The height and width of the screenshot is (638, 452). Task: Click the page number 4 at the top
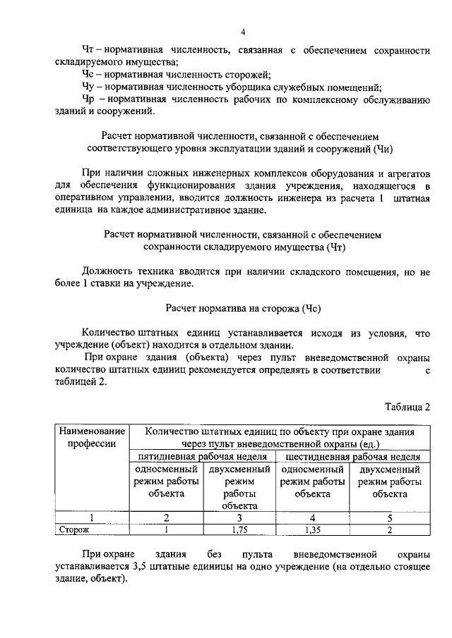(242, 32)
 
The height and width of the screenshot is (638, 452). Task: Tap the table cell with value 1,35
(313, 529)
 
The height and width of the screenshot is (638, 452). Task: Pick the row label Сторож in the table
(73, 529)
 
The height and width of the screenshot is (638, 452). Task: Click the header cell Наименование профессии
(92, 437)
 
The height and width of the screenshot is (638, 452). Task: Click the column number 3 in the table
(239, 518)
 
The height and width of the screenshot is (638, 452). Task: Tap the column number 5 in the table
(389, 518)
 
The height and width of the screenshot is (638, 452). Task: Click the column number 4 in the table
(313, 518)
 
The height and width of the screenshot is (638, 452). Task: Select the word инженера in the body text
(309, 198)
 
